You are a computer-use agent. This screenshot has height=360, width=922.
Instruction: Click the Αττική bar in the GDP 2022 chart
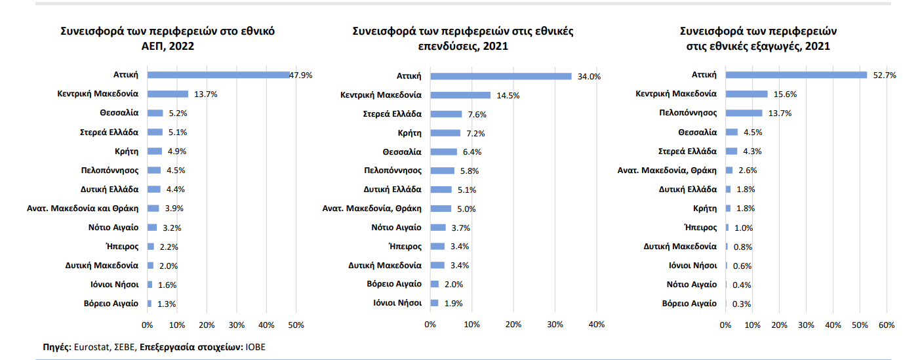tap(218, 75)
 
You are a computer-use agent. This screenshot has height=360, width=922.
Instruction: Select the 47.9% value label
tap(301, 75)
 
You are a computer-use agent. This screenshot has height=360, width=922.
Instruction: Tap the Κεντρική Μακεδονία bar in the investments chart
tap(460, 95)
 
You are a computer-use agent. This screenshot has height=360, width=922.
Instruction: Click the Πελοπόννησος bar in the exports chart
tap(744, 113)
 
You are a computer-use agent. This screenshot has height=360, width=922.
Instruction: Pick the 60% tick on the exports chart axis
tap(887, 325)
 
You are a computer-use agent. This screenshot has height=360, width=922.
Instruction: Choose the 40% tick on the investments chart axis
tap(597, 325)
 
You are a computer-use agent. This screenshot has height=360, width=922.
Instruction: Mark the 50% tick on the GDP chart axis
tap(296, 325)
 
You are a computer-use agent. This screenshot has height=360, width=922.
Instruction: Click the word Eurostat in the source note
tap(90, 347)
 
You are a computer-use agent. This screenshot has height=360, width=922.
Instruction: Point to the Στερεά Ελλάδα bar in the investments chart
tap(446, 114)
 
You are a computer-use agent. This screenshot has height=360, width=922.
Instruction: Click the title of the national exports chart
tap(758, 38)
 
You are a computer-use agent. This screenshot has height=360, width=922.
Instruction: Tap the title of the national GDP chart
tap(167, 38)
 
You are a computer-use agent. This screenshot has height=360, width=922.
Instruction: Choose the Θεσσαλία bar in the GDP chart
tap(155, 113)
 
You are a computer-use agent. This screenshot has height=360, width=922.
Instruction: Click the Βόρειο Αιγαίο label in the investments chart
tap(395, 284)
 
